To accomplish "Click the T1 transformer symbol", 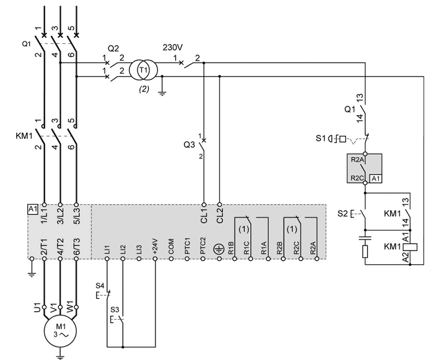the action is tap(143, 70).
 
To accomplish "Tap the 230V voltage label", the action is tap(173, 47).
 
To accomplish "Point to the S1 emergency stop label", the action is tap(320, 139).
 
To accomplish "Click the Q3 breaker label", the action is tap(189, 145).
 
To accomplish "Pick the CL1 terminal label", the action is tap(204, 216).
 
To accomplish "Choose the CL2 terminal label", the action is tap(220, 216).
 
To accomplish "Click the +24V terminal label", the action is tap(155, 246).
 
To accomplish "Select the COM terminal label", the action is tap(171, 247).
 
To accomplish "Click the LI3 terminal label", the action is tap(139, 249).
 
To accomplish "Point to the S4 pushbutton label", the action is tap(100, 285).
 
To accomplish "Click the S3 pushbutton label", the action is tap(115, 310).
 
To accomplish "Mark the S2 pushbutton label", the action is tap(342, 213).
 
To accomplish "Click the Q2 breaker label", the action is tap(113, 49).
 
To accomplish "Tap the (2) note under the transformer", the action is tap(144, 89).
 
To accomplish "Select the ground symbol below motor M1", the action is tap(60, 354).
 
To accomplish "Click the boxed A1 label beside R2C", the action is tap(376, 179).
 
